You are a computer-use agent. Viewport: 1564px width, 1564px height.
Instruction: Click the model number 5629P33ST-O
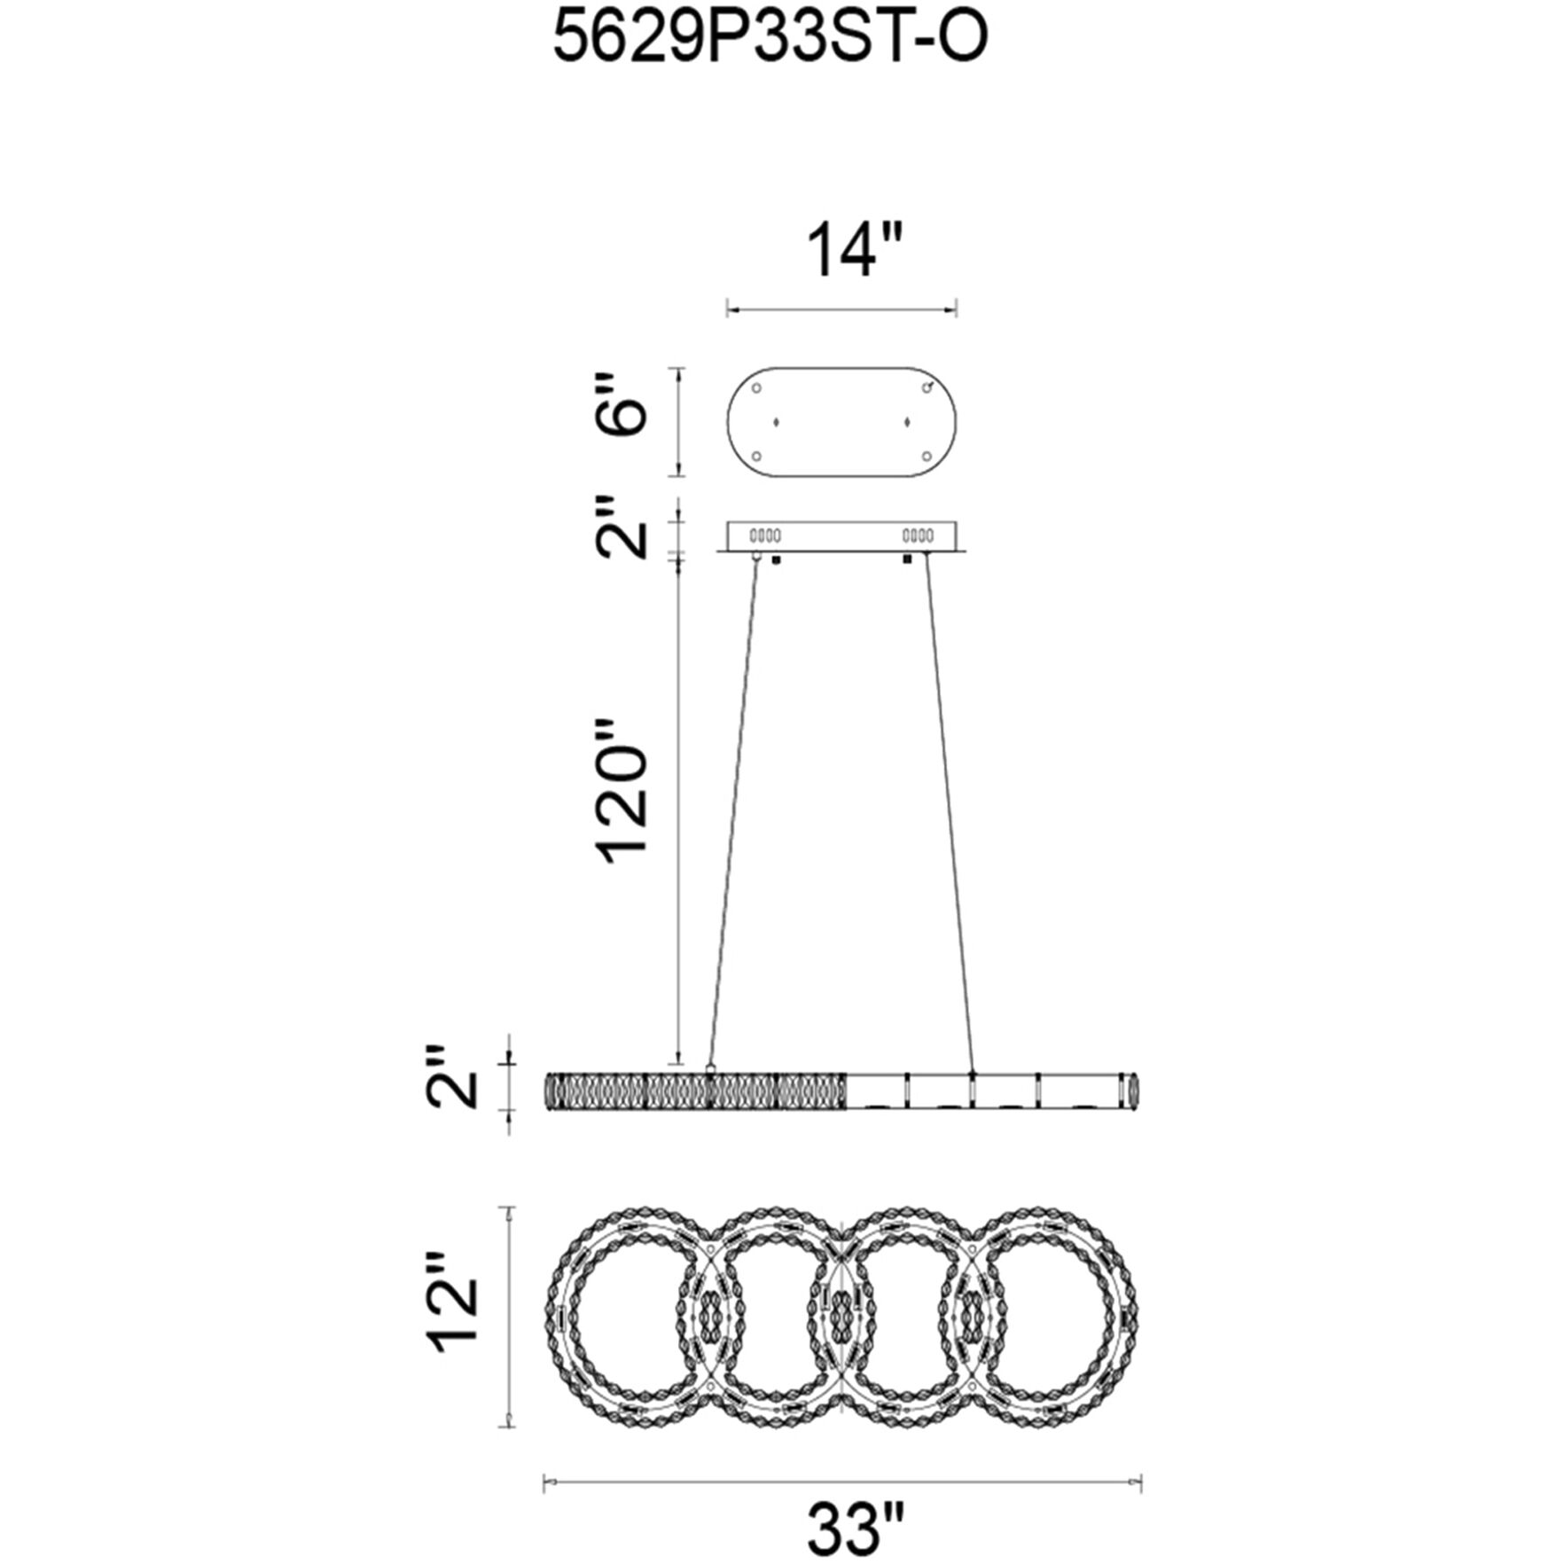(x=770, y=39)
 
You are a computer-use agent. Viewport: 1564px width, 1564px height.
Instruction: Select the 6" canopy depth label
(x=620, y=404)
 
